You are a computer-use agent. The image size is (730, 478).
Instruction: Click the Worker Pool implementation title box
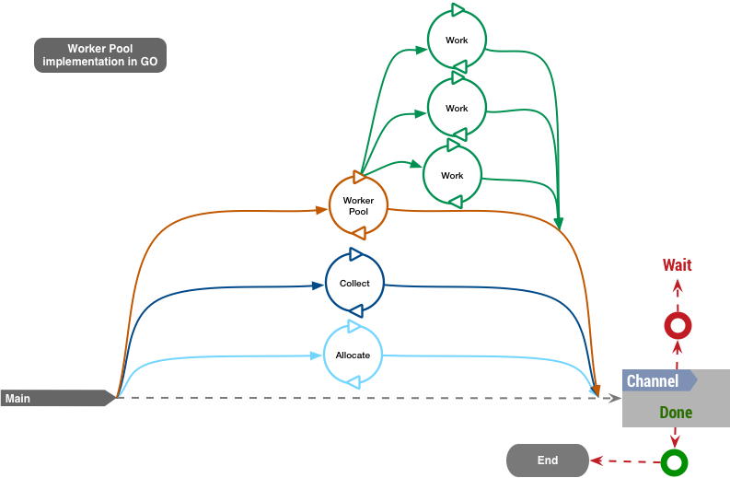click(x=99, y=55)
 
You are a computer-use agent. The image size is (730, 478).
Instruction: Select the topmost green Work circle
click(x=457, y=40)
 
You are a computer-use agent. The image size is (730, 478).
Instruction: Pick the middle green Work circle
click(x=457, y=108)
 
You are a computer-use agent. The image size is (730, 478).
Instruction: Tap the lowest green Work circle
click(x=452, y=175)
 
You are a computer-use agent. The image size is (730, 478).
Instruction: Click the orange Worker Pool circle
click(x=358, y=205)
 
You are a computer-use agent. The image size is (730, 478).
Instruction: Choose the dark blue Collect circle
click(x=354, y=283)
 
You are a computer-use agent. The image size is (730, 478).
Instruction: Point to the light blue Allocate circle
click(x=353, y=355)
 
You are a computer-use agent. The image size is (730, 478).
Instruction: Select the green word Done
click(x=676, y=412)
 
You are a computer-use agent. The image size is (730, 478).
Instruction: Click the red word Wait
click(x=677, y=265)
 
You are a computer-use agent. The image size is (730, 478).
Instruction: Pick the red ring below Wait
click(x=678, y=325)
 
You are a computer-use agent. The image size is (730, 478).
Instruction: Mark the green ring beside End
click(x=675, y=461)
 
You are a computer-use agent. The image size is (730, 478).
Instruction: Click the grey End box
click(x=547, y=461)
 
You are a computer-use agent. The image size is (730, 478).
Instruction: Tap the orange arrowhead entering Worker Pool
click(x=322, y=210)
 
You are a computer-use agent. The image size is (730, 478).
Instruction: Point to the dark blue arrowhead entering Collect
click(x=319, y=286)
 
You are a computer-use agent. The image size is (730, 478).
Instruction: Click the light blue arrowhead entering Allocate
click(x=316, y=356)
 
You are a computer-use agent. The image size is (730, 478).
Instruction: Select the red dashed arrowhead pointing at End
click(x=597, y=461)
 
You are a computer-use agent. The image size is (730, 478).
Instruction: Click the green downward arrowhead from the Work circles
click(x=559, y=224)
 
